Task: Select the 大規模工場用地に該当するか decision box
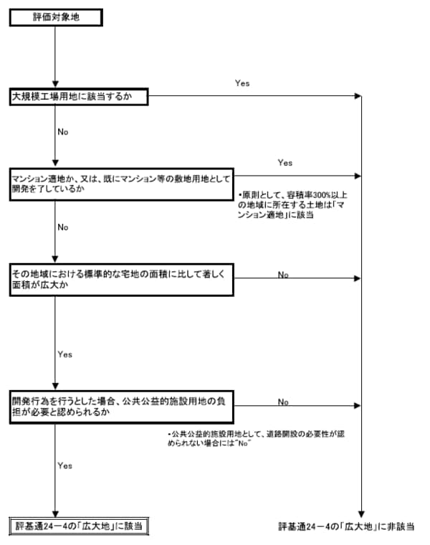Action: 78,97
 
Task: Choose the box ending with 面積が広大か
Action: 121,278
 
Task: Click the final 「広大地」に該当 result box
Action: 78,526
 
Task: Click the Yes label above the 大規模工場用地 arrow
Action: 242,84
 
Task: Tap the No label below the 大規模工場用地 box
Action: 63,133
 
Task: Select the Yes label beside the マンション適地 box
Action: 285,163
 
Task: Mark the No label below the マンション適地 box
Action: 63,227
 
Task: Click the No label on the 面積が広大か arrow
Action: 283,275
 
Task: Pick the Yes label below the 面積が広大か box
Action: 64,354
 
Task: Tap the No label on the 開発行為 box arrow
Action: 283,402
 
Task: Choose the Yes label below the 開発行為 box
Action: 64,465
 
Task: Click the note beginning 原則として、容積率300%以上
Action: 292,204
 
